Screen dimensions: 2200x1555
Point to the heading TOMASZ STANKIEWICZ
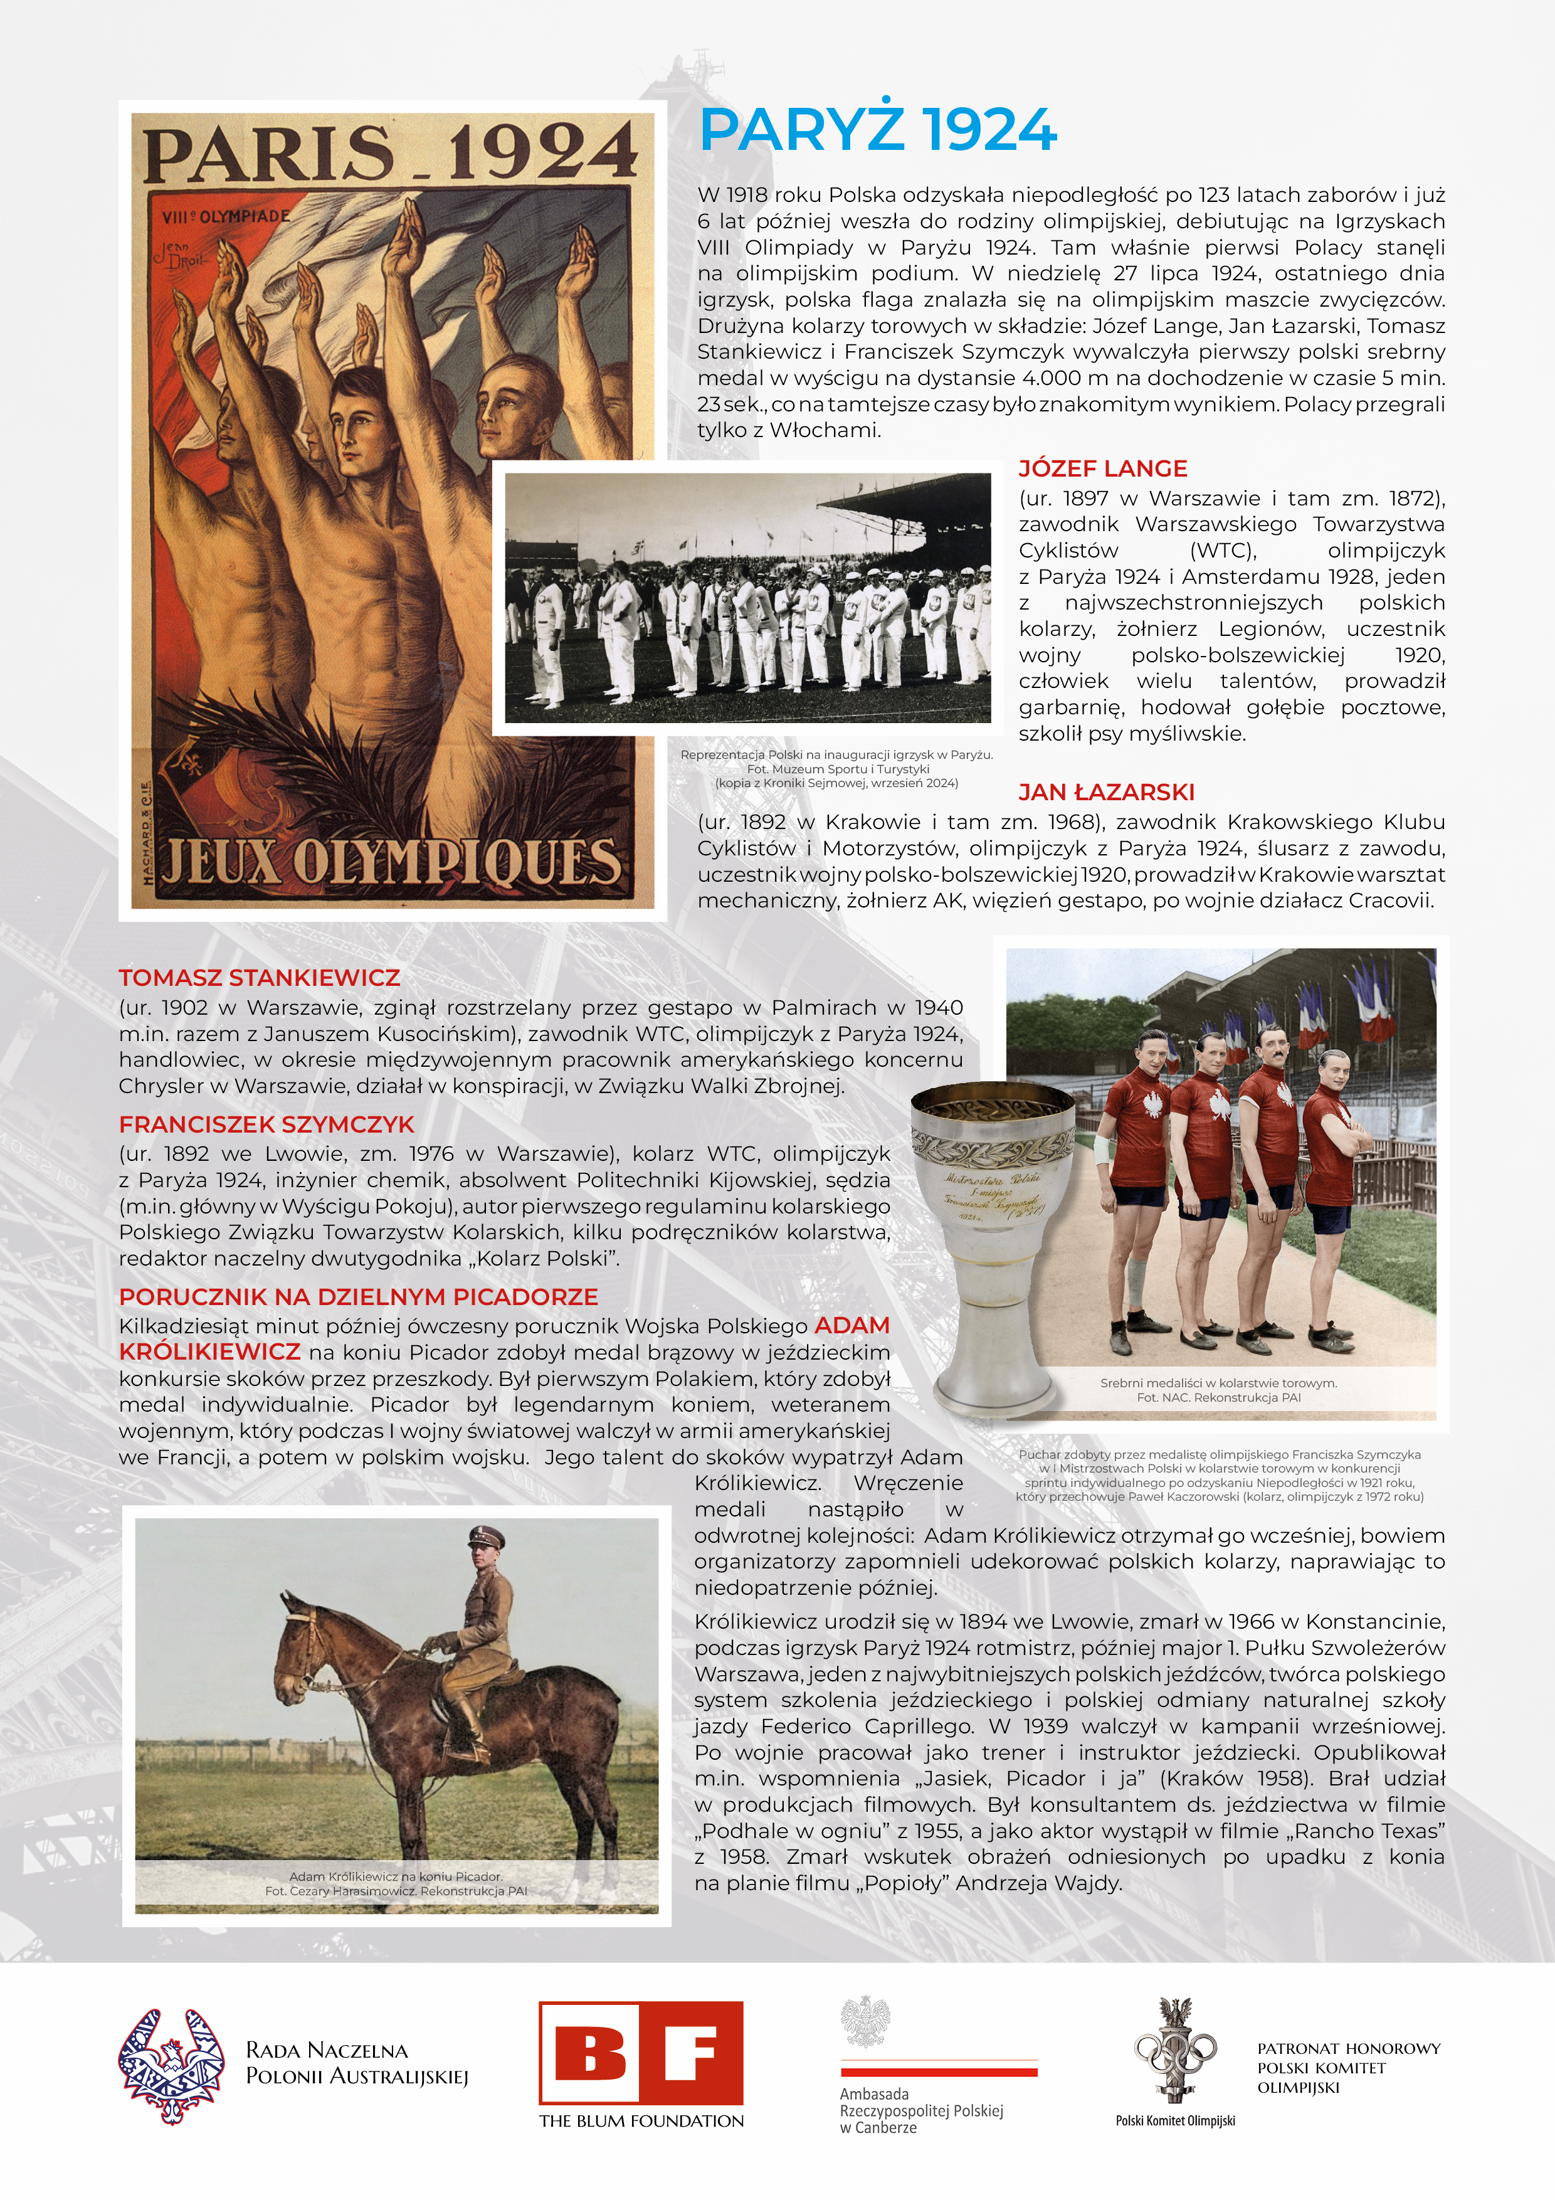259,978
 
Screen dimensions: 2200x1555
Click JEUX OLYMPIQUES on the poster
391,862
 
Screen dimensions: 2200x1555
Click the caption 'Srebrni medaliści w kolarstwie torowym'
1218,1383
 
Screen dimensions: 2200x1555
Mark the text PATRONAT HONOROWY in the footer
1348,2049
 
